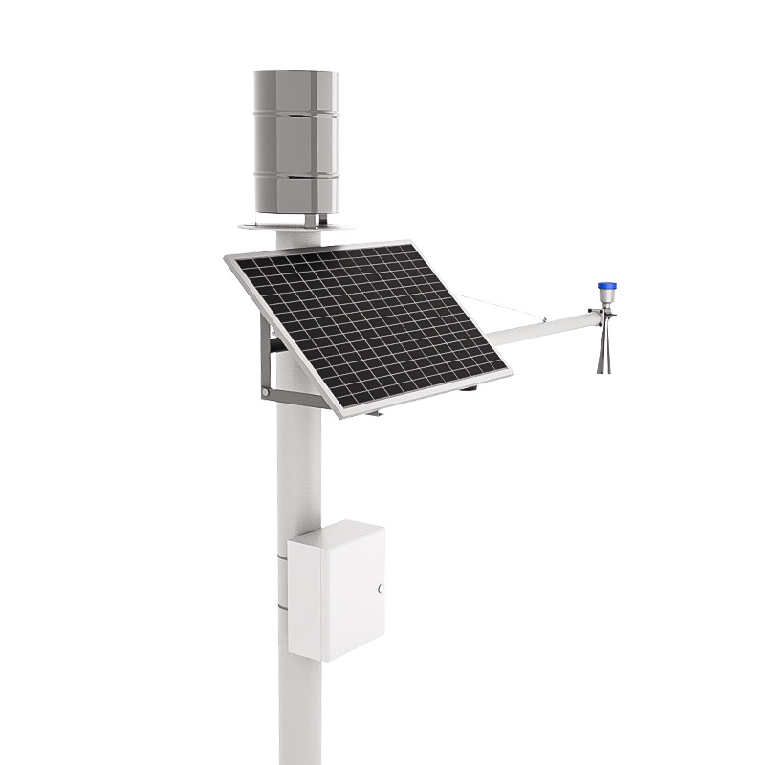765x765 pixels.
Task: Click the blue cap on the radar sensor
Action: coord(604,286)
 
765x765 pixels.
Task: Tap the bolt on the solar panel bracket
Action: coord(264,392)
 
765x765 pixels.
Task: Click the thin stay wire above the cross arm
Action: coord(507,309)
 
